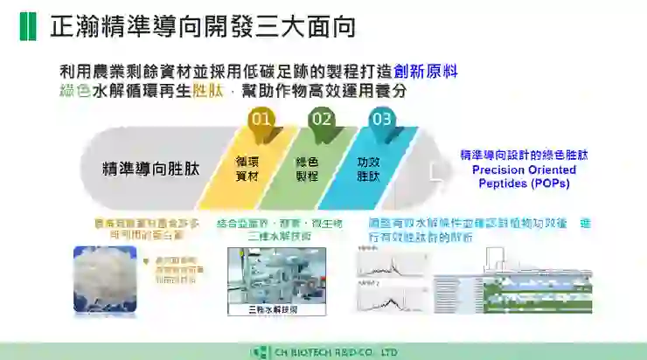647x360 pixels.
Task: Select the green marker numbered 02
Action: [x=322, y=119]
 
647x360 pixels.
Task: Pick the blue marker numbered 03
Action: [x=382, y=119]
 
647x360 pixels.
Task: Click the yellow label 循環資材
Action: [x=247, y=169]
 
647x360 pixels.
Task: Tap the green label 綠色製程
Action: [x=307, y=169]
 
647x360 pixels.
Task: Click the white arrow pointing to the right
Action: [x=436, y=169]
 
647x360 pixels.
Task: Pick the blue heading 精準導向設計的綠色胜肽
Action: [x=524, y=155]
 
